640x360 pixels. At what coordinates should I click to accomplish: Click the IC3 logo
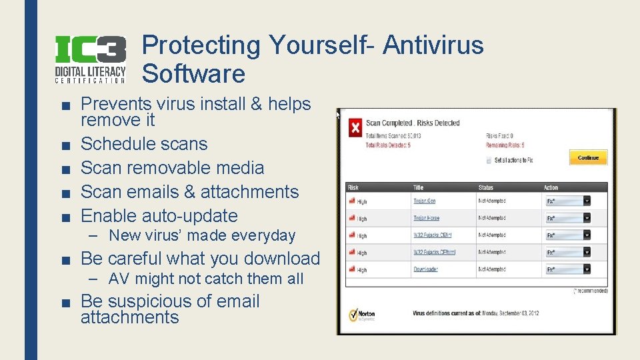coord(89,59)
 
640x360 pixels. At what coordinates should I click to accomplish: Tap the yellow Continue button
coord(587,158)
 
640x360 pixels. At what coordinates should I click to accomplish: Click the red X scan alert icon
coord(356,128)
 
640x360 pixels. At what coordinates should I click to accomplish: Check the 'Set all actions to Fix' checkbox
coord(489,161)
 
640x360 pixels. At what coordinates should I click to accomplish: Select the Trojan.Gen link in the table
coord(424,201)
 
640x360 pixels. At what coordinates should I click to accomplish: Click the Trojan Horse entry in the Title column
coord(426,218)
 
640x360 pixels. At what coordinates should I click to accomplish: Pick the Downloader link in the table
coord(425,269)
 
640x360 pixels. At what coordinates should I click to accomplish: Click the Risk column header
coord(353,187)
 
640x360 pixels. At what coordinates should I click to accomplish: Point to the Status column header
coord(486,187)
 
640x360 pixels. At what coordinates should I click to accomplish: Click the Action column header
coord(551,187)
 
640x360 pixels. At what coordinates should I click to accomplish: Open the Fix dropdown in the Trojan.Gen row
coord(568,201)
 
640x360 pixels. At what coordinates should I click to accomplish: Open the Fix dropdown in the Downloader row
coord(568,269)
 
